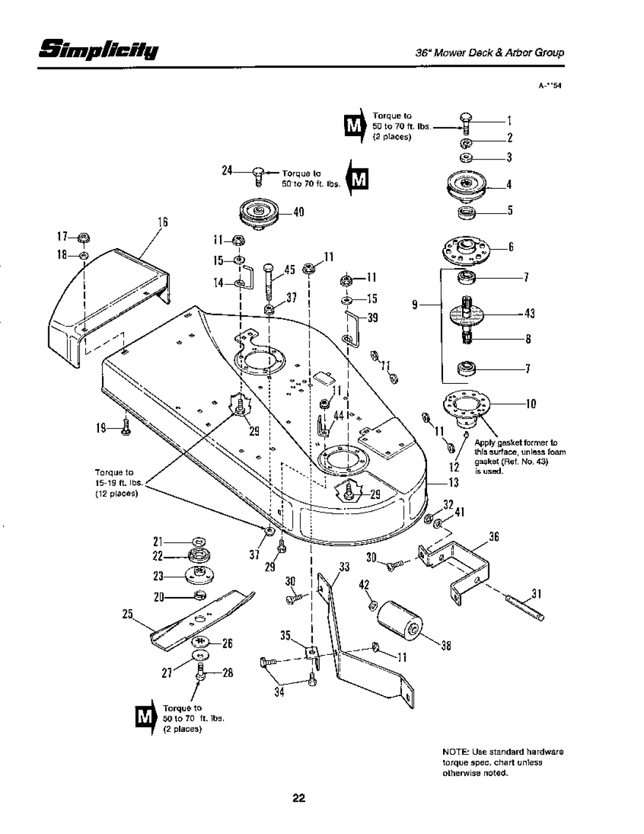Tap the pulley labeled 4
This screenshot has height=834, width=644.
point(466,184)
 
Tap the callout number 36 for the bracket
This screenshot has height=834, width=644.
point(494,536)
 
